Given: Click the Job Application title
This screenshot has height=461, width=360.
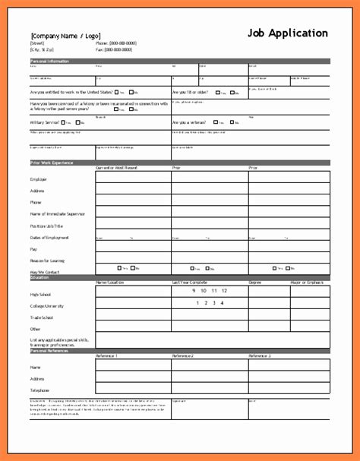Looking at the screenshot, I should (x=288, y=33).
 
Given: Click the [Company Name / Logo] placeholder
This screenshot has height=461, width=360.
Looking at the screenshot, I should (x=65, y=36).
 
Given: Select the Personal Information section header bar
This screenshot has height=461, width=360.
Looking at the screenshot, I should (x=179, y=61).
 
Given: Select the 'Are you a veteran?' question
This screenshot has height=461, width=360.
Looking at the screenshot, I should (x=190, y=122).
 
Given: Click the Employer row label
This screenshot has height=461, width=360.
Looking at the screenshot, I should (x=39, y=180).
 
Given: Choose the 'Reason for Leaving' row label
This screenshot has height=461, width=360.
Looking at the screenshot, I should (x=47, y=260).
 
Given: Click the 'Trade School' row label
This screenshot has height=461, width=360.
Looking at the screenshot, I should (x=42, y=318).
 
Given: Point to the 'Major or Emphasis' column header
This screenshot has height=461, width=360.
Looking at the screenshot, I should (x=311, y=283).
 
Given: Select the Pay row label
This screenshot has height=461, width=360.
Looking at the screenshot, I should (x=33, y=249).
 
